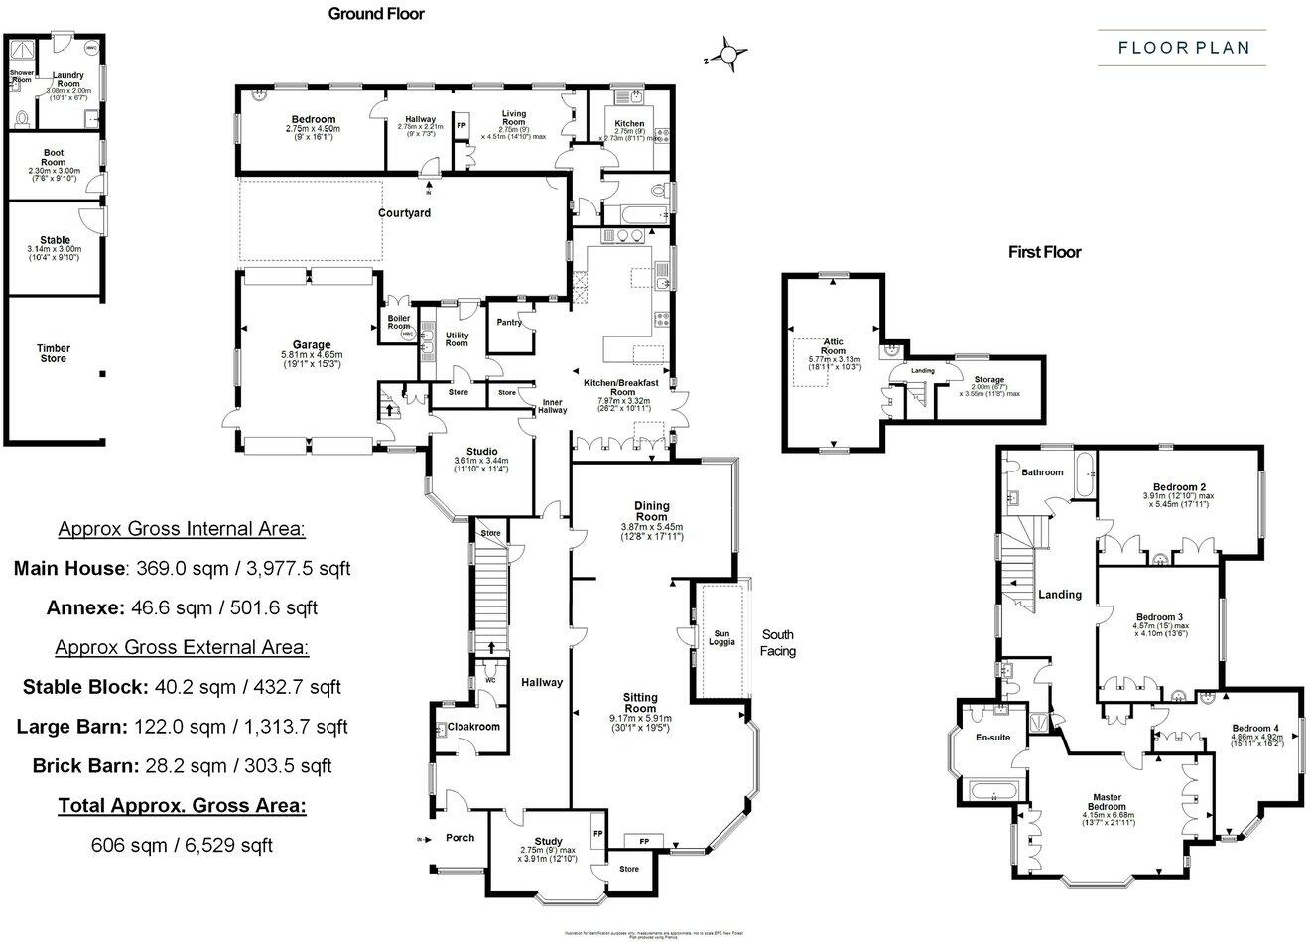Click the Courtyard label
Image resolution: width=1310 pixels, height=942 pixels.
point(404,212)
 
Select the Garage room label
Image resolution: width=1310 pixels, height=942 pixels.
point(312,345)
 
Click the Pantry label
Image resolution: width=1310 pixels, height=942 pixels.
point(508,322)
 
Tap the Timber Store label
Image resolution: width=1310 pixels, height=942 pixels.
point(54,353)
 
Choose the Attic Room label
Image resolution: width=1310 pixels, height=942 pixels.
point(833,346)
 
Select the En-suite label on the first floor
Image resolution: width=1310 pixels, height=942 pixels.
point(992,738)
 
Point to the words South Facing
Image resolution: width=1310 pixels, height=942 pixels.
point(777,643)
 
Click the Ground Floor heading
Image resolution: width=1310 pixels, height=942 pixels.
point(376,14)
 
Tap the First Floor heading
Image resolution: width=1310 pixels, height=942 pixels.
point(1044,252)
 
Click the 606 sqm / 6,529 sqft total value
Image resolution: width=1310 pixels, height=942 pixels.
point(182,845)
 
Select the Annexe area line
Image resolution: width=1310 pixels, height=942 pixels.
point(182,607)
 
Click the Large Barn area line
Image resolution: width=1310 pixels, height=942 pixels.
point(182,726)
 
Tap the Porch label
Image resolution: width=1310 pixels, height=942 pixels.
point(459,837)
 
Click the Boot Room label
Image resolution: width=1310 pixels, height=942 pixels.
point(53,158)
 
